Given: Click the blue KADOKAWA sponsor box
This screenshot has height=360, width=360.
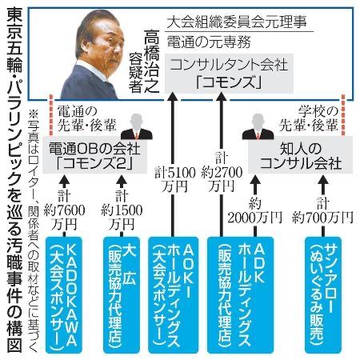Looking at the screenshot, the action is (x=64, y=295).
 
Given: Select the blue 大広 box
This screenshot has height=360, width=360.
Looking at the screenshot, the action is (x=122, y=295).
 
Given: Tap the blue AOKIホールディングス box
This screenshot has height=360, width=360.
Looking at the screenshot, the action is (x=173, y=295).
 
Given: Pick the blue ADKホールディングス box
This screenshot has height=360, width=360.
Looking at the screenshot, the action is (x=241, y=295).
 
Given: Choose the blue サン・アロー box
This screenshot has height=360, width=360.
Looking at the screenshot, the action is (x=323, y=295).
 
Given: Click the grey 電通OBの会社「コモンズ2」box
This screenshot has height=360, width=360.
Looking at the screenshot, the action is (x=95, y=155).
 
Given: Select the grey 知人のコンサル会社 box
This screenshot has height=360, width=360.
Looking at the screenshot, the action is (x=300, y=155).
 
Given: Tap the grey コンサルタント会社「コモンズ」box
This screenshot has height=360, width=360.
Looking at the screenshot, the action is (x=229, y=73).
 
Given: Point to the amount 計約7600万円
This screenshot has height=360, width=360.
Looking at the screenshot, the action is (x=64, y=210).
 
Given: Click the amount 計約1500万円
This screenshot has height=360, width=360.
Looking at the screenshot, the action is (x=122, y=210).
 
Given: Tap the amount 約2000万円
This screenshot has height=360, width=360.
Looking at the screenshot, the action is (x=255, y=210).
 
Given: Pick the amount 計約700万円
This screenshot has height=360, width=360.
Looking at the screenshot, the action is (x=322, y=210).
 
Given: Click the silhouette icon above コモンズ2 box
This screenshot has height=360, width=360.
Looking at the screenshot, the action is (x=137, y=126).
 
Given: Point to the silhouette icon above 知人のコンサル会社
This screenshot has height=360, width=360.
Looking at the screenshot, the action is (x=258, y=126).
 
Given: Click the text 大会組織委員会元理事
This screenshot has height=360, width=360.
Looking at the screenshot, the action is (x=237, y=22).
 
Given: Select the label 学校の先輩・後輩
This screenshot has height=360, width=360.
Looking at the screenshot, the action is (x=308, y=118).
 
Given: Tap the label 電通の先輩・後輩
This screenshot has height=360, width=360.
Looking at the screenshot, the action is (x=87, y=118).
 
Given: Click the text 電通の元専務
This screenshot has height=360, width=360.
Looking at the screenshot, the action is (x=209, y=42).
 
